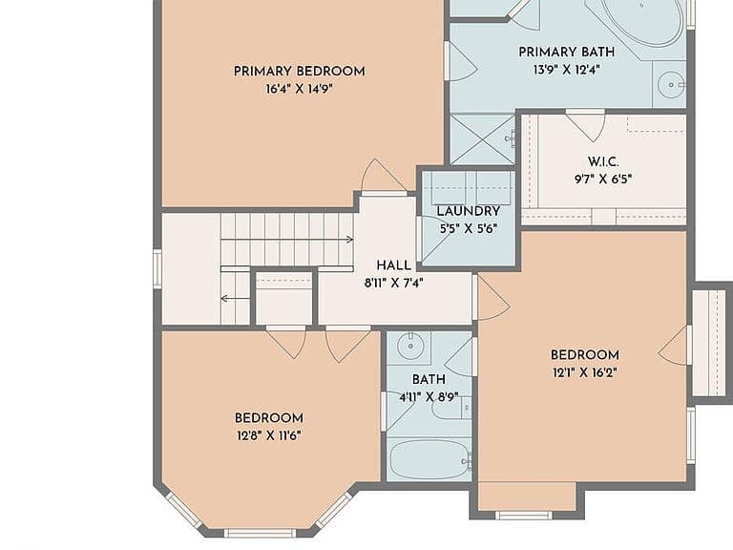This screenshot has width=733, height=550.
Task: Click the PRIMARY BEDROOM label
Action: [299, 72]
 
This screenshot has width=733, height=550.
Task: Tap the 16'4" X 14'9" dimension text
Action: [299, 89]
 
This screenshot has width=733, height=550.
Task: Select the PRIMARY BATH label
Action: [567, 52]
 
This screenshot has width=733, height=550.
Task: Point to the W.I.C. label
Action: [603, 161]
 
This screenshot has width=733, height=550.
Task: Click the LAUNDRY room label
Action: [469, 211]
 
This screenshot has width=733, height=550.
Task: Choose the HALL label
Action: [393, 265]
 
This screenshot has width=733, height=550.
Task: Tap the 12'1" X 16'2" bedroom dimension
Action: [584, 373]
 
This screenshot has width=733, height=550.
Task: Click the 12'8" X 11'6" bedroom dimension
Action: [269, 436]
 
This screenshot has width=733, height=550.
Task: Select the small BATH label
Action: [429, 379]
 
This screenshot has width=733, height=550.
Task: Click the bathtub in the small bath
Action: [429, 459]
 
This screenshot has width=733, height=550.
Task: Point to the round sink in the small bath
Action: [410, 346]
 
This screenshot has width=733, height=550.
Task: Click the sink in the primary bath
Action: [670, 85]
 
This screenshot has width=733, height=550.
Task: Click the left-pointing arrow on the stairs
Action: [235, 298]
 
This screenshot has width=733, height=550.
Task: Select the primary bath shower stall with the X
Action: [482, 138]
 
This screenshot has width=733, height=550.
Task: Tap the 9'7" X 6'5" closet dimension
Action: [603, 180]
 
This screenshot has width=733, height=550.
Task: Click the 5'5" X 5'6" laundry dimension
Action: [468, 229]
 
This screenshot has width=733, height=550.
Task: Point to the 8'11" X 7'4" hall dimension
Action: [393, 283]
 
